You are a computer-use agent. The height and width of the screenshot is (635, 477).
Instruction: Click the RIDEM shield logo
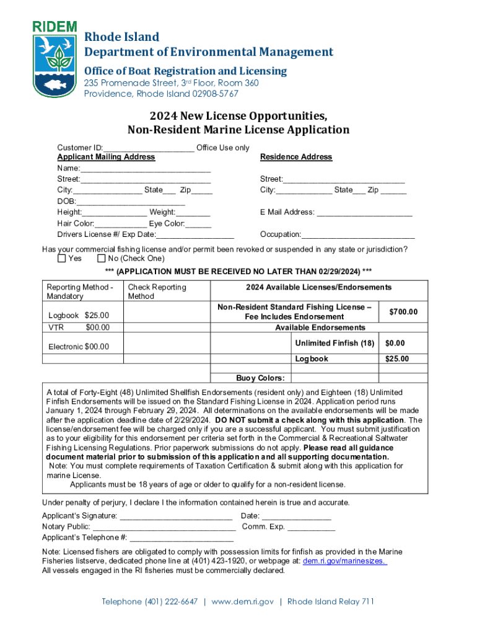tap(55, 59)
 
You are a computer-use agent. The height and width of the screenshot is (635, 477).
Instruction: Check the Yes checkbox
tap(61, 259)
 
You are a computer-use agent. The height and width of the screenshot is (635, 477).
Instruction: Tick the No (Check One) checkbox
tap(102, 259)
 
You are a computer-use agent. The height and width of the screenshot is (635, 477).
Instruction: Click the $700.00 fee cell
tap(403, 312)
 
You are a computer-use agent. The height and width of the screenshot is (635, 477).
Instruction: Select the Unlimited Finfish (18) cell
tap(335, 343)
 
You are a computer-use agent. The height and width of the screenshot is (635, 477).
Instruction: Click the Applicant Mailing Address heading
tap(106, 157)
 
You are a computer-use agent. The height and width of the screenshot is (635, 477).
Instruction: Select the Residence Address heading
tap(296, 157)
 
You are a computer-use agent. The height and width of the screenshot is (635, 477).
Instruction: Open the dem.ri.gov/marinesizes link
tap(344, 561)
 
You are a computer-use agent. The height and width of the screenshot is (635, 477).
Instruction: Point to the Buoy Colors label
tap(260, 378)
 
